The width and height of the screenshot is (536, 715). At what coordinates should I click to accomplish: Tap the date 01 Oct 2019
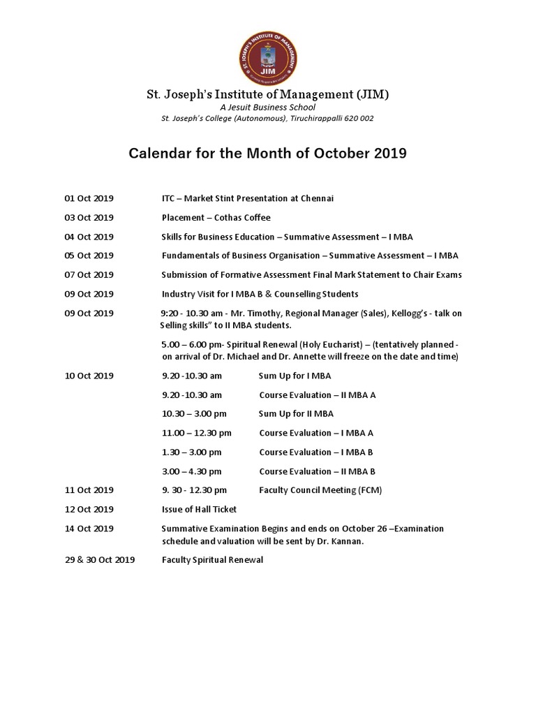[89, 198]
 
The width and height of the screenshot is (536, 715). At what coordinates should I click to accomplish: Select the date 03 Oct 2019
[89, 217]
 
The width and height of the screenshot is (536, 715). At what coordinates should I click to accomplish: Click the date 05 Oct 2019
[89, 256]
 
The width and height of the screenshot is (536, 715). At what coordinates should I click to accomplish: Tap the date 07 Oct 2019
[89, 274]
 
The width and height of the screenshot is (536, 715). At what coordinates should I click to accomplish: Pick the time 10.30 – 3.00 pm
[194, 413]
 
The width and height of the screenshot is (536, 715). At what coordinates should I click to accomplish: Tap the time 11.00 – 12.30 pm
[196, 433]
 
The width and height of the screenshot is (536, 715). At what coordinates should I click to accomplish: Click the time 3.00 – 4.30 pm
[192, 471]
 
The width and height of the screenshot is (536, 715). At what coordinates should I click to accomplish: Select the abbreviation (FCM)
[368, 490]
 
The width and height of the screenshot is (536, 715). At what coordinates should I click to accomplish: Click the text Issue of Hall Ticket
[199, 509]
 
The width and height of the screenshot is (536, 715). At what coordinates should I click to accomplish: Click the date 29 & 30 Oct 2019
[100, 560]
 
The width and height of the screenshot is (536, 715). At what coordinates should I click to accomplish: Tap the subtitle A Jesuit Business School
[267, 108]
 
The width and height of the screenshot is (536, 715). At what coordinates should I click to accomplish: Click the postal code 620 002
[358, 119]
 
